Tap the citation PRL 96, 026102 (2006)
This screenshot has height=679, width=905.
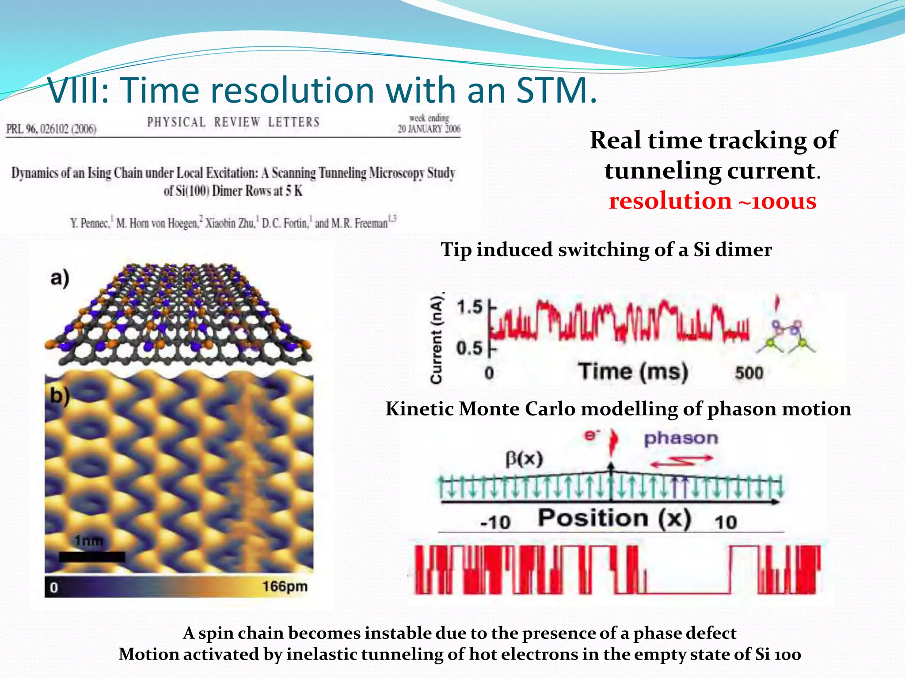click(x=51, y=129)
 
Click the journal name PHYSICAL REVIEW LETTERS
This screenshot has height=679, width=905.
click(x=233, y=122)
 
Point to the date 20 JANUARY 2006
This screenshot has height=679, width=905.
click(x=429, y=129)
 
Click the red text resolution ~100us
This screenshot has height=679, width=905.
click(x=712, y=201)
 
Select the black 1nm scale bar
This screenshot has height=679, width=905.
click(x=92, y=557)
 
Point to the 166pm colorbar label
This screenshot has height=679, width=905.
click(x=285, y=587)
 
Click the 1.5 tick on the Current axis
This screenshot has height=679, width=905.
click(x=469, y=306)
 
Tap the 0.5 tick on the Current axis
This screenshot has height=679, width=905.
click(x=469, y=348)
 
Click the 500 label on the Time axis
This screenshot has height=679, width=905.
click(x=749, y=373)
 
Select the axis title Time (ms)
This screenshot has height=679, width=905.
click(x=633, y=371)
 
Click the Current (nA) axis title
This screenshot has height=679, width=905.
click(x=436, y=338)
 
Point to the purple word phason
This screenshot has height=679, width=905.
click(x=681, y=438)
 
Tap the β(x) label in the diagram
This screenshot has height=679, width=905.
click(x=524, y=458)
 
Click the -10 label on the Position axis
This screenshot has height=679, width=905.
click(x=495, y=523)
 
